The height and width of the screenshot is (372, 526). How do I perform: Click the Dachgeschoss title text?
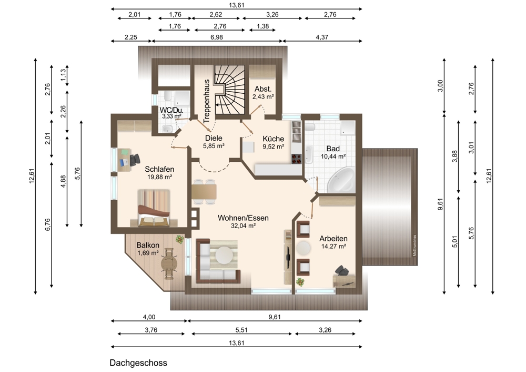point(138,363)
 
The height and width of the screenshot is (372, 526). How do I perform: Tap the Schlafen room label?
point(159,169)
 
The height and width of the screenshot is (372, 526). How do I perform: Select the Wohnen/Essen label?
point(243,218)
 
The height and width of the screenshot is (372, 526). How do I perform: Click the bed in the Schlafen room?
point(154,208)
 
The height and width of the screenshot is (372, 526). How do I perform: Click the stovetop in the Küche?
point(297,159)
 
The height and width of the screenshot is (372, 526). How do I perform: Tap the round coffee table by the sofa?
point(224,255)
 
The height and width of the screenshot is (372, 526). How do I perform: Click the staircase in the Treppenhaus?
point(230,90)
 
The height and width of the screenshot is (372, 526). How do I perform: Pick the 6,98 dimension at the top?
point(217,37)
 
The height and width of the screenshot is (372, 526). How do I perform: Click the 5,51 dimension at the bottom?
point(241,330)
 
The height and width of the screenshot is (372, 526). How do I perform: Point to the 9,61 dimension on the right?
point(440,204)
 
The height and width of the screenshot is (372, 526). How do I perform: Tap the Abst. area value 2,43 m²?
point(264,97)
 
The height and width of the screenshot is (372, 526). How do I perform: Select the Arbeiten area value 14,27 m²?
point(333,246)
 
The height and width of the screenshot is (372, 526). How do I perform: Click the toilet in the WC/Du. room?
point(167,129)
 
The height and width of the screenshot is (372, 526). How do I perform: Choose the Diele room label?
point(214,138)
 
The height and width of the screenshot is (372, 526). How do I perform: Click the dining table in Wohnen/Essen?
point(204,192)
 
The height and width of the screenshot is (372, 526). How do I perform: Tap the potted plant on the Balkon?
point(180,239)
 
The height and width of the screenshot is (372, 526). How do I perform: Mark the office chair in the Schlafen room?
point(135,159)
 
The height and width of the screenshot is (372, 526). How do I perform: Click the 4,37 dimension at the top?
point(322,37)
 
